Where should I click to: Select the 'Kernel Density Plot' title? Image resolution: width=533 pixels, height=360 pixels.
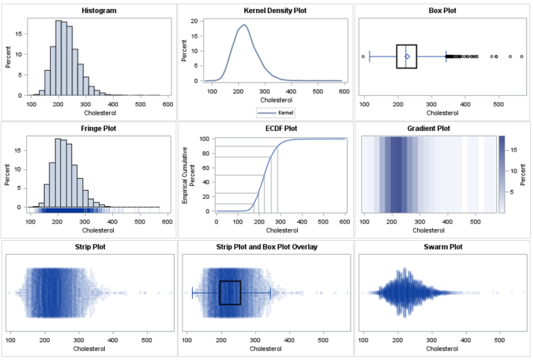click(266, 11)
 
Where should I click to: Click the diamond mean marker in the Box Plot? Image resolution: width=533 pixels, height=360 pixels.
click(407, 56)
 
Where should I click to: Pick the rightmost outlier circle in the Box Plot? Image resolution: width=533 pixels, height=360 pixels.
click(521, 56)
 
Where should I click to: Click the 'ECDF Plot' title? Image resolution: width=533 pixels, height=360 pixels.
click(266, 128)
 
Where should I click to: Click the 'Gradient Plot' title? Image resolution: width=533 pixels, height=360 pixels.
click(443, 128)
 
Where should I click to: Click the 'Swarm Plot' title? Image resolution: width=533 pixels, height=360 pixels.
click(443, 246)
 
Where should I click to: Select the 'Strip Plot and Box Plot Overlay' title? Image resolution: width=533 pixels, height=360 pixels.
click(266, 246)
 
